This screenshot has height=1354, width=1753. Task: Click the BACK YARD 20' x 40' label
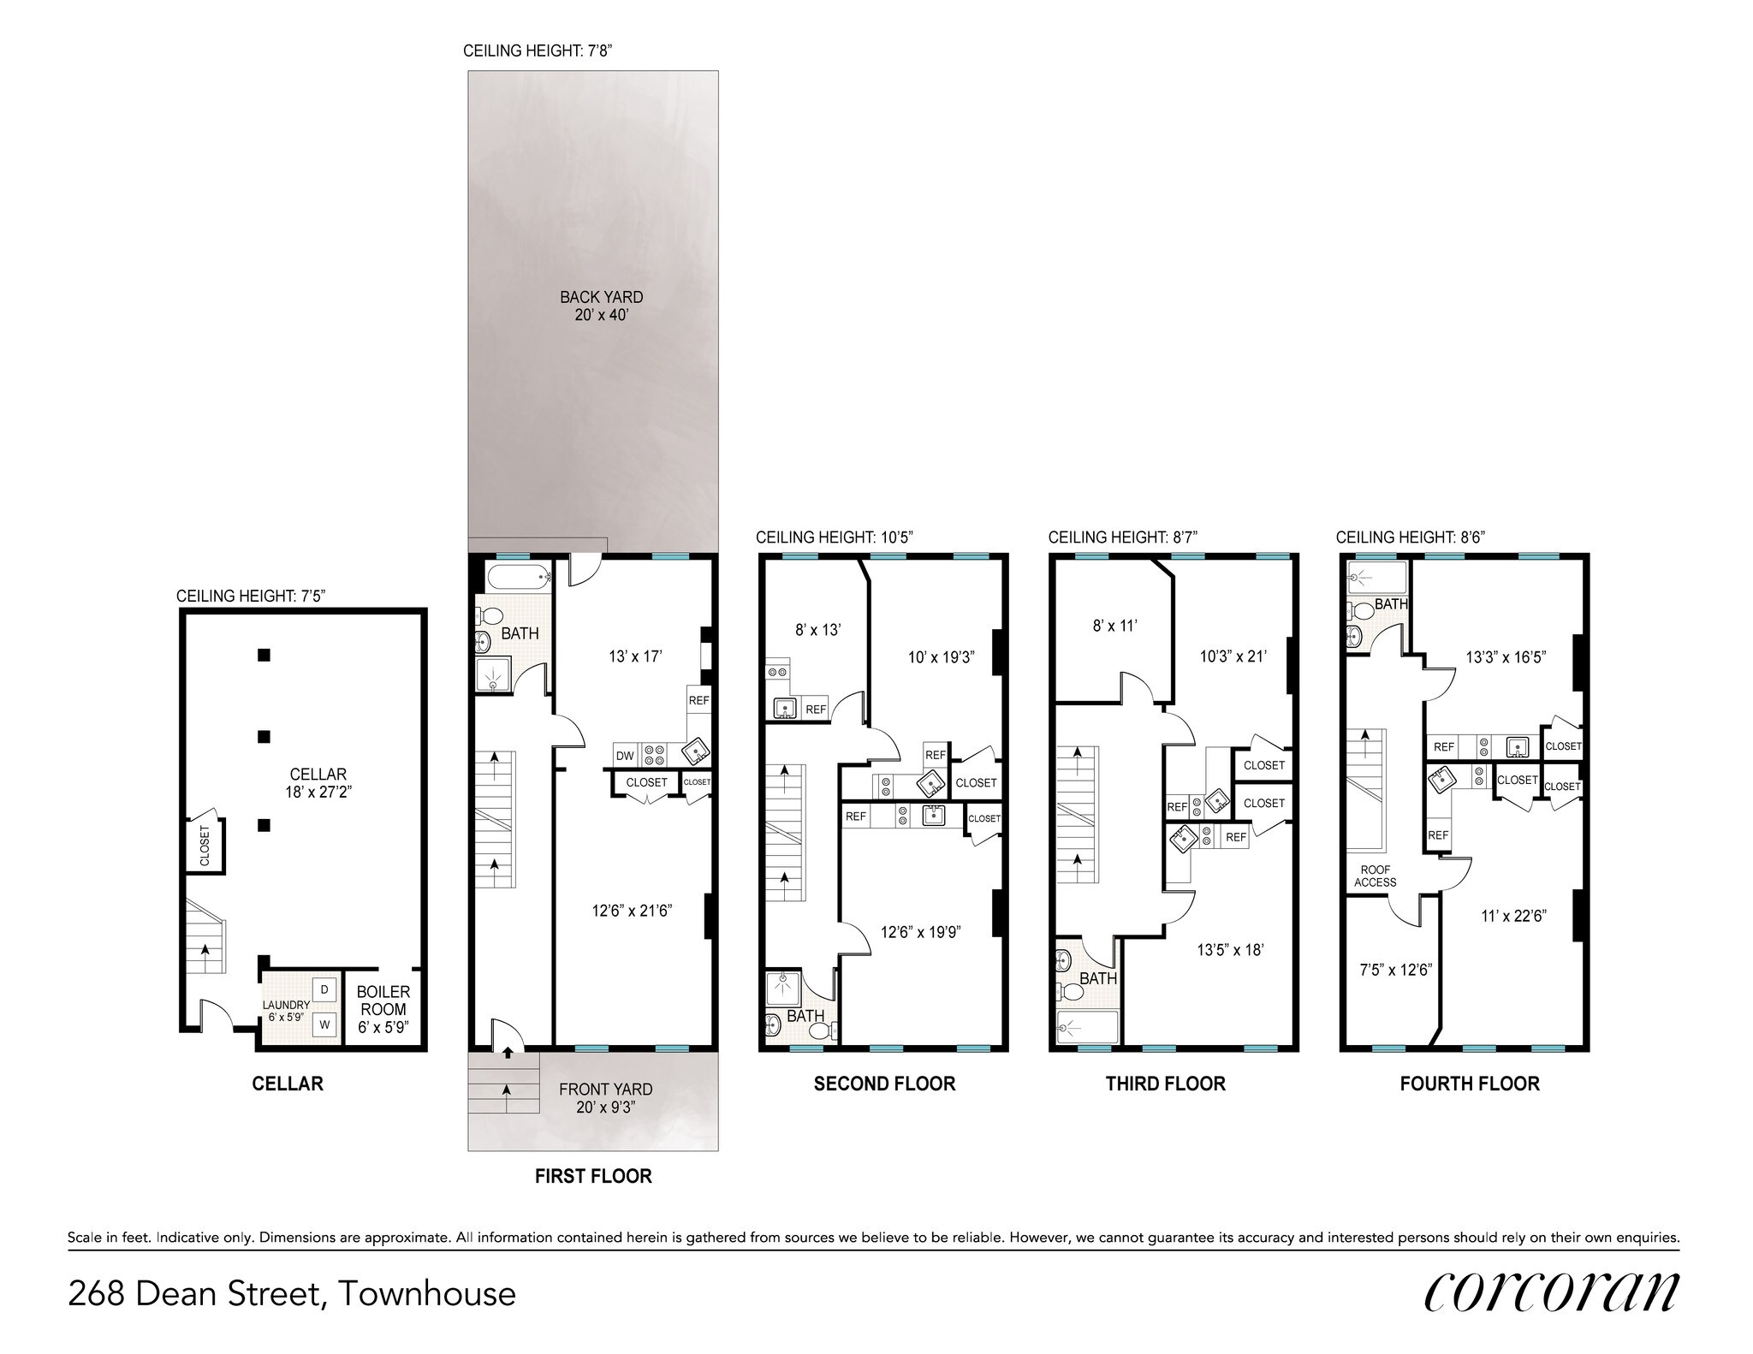601,306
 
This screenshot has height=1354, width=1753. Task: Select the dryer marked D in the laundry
324,990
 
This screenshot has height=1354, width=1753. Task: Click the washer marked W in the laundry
324,1024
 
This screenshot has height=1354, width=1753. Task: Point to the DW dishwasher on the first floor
625,756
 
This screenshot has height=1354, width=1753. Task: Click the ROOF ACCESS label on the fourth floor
1376,876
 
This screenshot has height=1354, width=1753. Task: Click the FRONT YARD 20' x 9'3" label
605,1097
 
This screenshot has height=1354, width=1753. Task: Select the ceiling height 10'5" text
835,537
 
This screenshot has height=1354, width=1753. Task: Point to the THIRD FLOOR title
1165,1084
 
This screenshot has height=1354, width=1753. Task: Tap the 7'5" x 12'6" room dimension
1396,971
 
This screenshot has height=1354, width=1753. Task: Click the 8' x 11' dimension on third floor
1114,626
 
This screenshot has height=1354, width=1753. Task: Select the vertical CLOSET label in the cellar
205,846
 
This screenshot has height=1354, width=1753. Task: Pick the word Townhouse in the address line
427,1293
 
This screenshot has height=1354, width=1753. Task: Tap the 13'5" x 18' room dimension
1230,949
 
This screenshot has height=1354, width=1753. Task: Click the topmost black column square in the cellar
264,656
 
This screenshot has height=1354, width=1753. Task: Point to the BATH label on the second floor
805,1016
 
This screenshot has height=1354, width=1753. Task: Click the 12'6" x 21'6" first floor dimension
632,911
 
